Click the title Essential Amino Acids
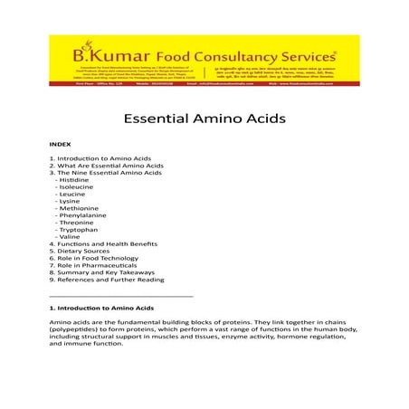[x=204, y=119]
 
